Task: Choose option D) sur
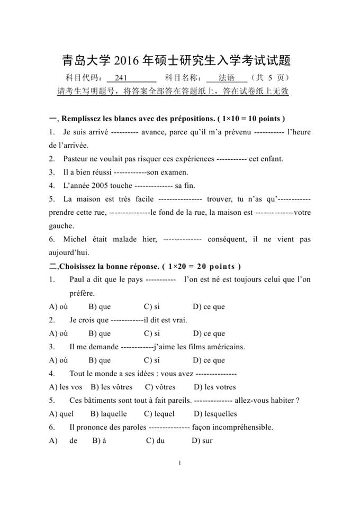pos(202,441)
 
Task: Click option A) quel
pos(61,414)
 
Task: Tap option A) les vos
pos(65,387)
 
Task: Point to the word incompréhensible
pos(239,427)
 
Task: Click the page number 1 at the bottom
pos(180,464)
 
